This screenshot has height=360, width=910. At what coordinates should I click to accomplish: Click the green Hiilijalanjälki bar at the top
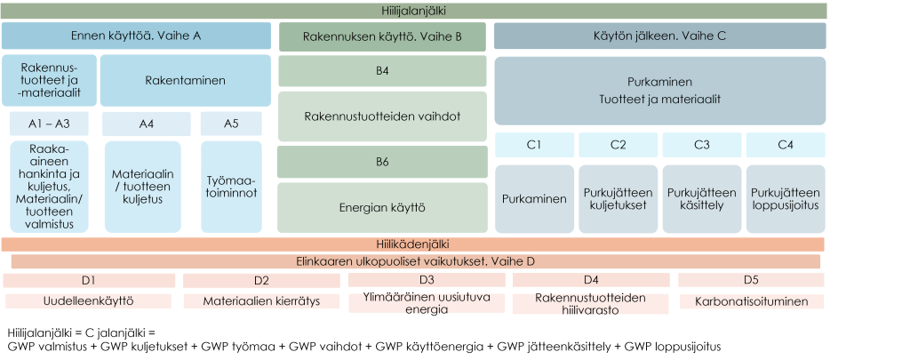[413, 11]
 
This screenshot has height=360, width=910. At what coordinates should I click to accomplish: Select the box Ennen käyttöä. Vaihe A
[136, 36]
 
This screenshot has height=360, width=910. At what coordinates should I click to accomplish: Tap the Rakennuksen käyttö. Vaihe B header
[382, 37]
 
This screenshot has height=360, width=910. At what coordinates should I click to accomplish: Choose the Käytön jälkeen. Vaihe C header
[659, 36]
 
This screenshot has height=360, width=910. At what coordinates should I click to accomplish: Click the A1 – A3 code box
[50, 124]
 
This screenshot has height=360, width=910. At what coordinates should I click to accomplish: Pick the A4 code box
[146, 124]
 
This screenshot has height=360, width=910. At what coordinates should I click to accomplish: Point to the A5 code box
[230, 124]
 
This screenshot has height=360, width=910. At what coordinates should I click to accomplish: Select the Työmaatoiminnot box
[230, 186]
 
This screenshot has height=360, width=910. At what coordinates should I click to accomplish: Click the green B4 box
[382, 70]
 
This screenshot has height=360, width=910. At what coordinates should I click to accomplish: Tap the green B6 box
[382, 163]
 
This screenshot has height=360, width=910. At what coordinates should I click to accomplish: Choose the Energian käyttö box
[382, 208]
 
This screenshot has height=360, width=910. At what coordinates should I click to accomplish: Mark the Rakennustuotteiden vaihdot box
[382, 116]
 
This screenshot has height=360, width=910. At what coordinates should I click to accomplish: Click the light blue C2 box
[619, 144]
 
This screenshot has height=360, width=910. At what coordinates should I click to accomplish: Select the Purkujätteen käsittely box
[701, 200]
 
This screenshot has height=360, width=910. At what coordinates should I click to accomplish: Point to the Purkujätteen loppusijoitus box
[785, 200]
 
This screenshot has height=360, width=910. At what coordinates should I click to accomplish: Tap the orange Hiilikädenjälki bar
[413, 244]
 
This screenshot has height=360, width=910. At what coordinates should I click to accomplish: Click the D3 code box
[427, 280]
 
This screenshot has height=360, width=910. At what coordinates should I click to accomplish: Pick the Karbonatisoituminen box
[751, 301]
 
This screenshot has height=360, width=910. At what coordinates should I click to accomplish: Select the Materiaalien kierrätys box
[261, 301]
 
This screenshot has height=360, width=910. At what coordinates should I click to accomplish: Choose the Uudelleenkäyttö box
[88, 301]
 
